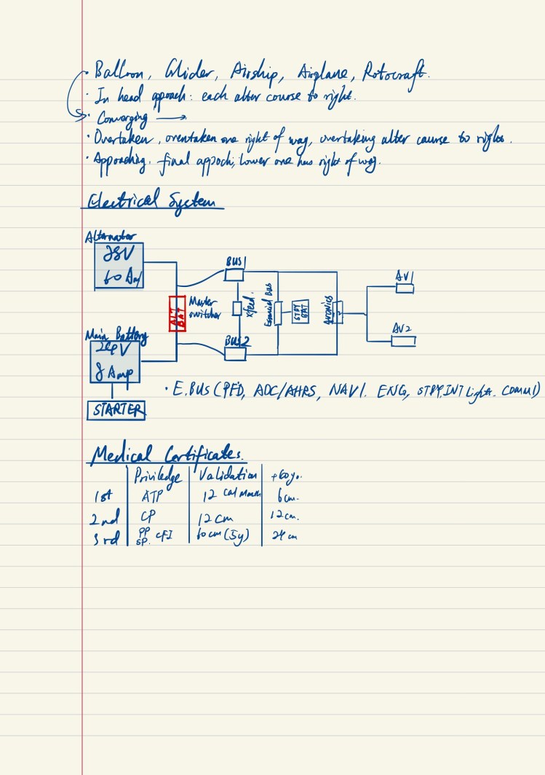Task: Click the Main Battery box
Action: [115, 362]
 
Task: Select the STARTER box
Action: [116, 411]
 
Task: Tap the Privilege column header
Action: [159, 477]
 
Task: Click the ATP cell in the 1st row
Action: [150, 497]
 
